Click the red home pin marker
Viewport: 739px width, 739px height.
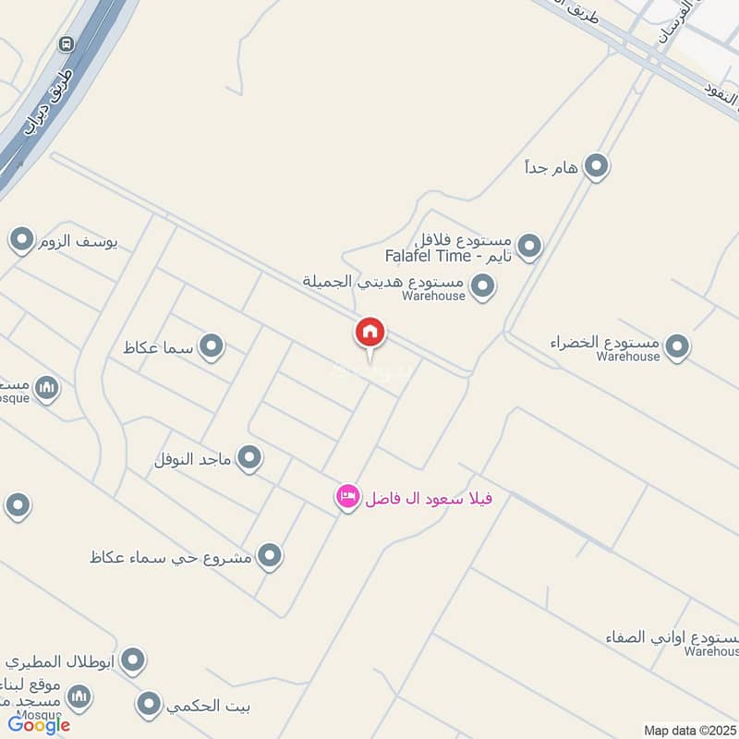click(369, 332)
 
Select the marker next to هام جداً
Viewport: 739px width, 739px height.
click(597, 167)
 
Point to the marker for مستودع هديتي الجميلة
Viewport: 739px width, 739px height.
click(482, 286)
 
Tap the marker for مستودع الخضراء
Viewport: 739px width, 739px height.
click(678, 346)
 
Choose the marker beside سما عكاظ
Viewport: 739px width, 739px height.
click(212, 346)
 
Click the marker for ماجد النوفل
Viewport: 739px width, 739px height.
click(248, 457)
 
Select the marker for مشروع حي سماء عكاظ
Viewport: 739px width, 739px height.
click(269, 556)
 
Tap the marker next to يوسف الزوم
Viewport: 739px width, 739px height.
click(21, 242)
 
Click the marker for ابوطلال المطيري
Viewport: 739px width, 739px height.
click(134, 660)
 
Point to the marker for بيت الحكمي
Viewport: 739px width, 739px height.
click(149, 706)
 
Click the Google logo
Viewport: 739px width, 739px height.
click(39, 725)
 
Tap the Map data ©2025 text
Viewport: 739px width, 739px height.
click(688, 730)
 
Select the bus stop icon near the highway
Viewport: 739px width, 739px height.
click(66, 43)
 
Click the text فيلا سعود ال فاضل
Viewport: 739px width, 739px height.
click(428, 499)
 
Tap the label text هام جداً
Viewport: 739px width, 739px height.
click(551, 167)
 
